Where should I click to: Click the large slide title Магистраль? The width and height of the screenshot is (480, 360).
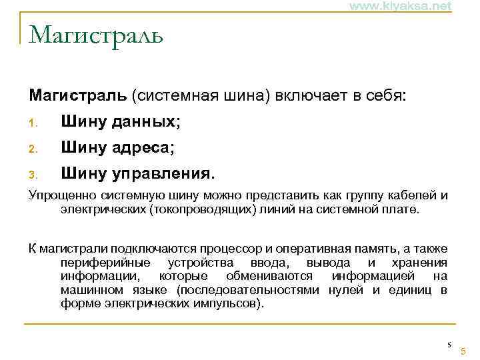click(96, 34)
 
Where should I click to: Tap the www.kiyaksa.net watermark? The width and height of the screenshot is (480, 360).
click(400, 6)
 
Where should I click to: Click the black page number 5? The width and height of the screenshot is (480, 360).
click(449, 345)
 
